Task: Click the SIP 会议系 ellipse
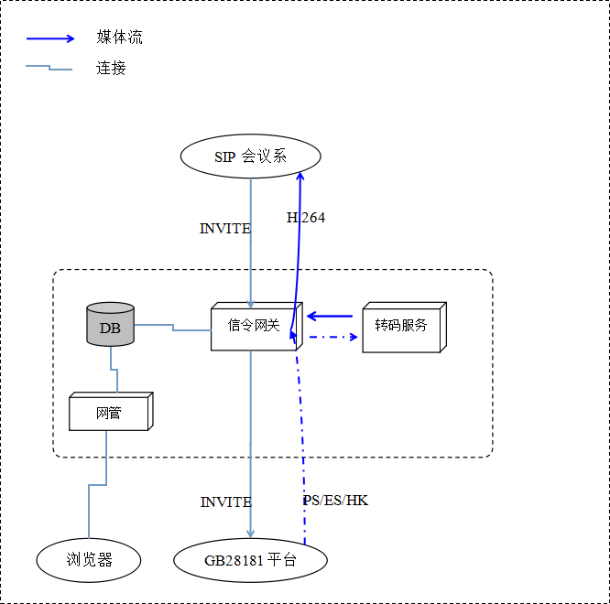click(250, 156)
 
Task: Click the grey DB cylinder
click(110, 326)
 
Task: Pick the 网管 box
click(108, 413)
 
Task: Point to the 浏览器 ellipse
click(89, 559)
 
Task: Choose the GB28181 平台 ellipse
click(250, 560)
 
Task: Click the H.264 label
click(306, 218)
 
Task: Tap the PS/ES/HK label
click(335, 501)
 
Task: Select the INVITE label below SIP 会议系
click(224, 229)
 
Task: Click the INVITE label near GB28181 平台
click(225, 502)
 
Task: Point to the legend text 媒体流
click(120, 38)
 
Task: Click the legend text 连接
click(111, 68)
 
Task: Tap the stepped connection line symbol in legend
click(49, 68)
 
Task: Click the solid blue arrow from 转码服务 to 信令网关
click(330, 317)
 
